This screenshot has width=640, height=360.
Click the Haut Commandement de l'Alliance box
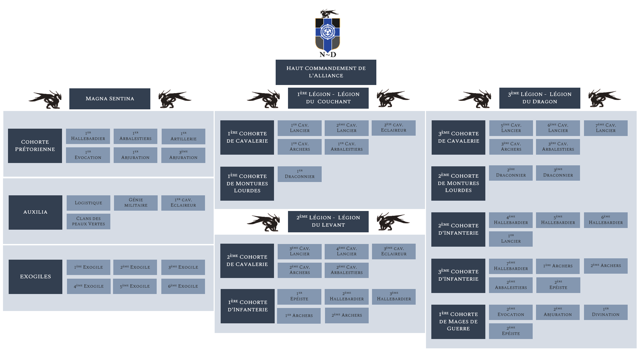click(x=326, y=72)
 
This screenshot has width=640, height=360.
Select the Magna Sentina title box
click(x=110, y=99)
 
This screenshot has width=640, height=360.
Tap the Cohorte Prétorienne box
click(x=35, y=146)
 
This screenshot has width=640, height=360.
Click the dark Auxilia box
click(x=35, y=212)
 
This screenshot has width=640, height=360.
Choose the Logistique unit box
click(x=88, y=203)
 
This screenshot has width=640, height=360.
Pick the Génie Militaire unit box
click(x=136, y=203)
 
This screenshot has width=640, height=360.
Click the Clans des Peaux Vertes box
click(x=88, y=221)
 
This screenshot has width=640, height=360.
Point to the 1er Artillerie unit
click(x=183, y=136)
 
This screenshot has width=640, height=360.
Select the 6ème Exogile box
click(x=183, y=286)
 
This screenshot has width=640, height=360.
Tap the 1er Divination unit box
click(x=606, y=312)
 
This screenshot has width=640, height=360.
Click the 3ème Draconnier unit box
click(x=558, y=173)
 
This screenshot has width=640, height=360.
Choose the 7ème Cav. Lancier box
click(x=606, y=128)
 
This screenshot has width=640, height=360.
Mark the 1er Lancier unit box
click(x=511, y=239)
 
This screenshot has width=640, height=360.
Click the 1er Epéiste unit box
click(x=299, y=297)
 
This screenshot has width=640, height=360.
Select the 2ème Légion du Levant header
click(x=328, y=222)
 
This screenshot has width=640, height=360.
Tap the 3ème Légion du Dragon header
click(x=540, y=98)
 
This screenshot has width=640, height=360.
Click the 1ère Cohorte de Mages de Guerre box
click(x=458, y=322)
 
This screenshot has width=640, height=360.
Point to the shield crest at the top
click(x=328, y=35)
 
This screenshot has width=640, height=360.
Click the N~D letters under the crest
click(x=328, y=54)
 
